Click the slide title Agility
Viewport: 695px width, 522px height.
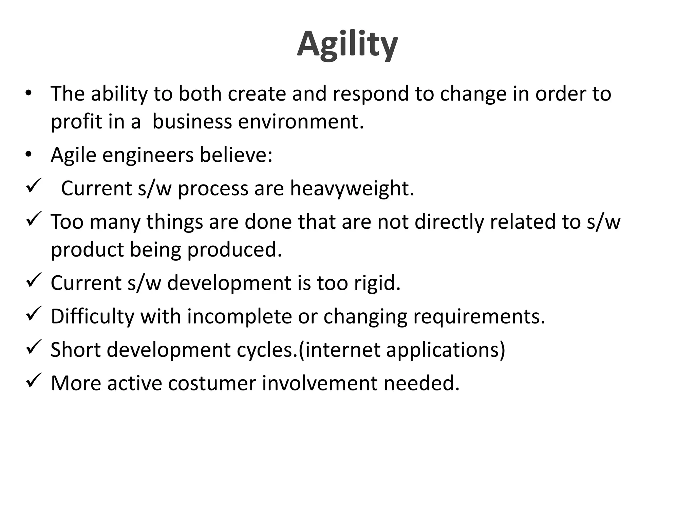point(347,45)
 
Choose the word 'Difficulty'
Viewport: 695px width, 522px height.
point(92,316)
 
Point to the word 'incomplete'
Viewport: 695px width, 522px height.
point(239,316)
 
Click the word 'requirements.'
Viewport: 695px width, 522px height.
point(479,316)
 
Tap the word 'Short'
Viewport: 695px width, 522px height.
point(75,349)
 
